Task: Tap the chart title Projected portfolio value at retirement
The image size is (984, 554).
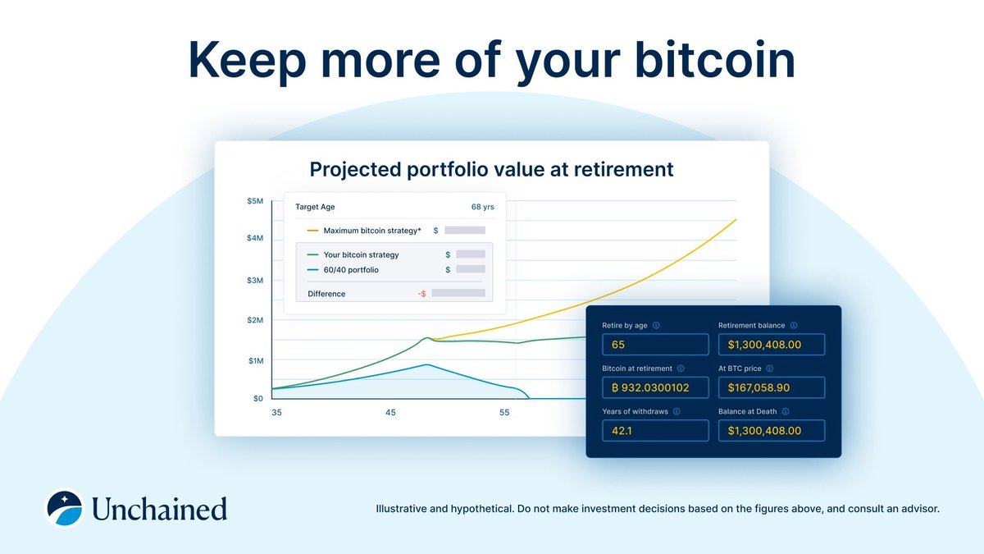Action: point(491,170)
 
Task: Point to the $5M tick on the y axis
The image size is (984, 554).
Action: point(254,201)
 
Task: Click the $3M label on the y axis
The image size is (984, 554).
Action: point(254,281)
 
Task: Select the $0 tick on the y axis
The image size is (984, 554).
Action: point(257,398)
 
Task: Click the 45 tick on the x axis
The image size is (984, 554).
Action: point(390,412)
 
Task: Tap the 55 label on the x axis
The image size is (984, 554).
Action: point(504,412)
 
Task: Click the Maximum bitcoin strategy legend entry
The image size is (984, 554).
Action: point(371,231)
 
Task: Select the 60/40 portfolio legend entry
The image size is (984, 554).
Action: point(351,269)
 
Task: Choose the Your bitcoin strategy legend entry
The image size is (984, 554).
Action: point(361,254)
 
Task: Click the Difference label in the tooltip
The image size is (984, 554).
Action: point(326,293)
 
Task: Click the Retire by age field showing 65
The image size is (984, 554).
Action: point(655,345)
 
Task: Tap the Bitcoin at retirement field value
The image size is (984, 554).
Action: point(655,387)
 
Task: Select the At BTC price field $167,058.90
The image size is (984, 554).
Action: point(771,387)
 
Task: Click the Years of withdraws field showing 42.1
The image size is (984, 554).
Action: point(655,430)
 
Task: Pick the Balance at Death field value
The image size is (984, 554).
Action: point(771,430)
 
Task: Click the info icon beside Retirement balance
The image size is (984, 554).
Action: point(793,326)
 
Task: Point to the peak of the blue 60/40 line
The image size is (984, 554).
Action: point(426,364)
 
